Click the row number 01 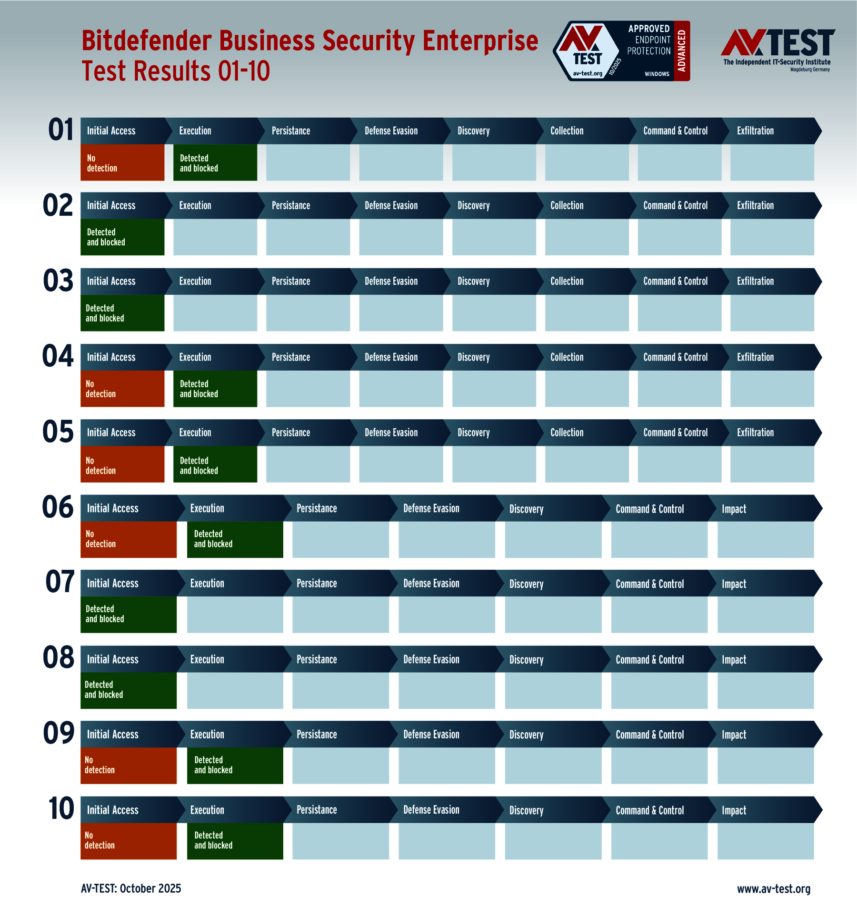[61, 130]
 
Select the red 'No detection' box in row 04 [122, 389]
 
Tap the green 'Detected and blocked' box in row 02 [122, 237]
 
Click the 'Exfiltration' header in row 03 [756, 281]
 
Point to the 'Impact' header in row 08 [734, 659]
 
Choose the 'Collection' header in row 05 [567, 433]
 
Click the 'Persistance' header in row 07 [317, 584]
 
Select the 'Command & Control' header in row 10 [649, 810]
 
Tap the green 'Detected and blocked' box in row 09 [235, 765]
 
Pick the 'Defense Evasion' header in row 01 [391, 131]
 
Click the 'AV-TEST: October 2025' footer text [131, 888]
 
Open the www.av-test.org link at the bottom [774, 889]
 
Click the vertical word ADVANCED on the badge [682, 51]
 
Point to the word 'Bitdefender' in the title [146, 41]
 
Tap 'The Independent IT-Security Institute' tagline [777, 62]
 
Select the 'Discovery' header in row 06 [526, 509]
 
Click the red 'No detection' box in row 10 [129, 841]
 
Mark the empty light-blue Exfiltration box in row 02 [772, 237]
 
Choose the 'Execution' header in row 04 [195, 357]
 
